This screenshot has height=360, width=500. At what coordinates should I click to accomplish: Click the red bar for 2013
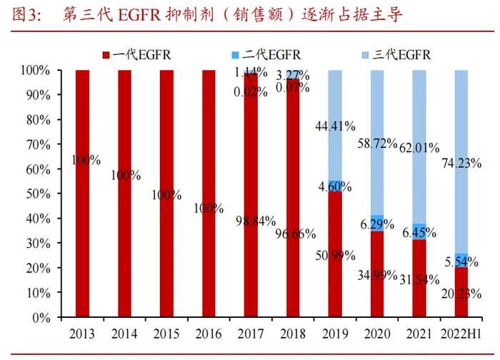point(82,193)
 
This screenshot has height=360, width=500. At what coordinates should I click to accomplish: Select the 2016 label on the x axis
point(209,334)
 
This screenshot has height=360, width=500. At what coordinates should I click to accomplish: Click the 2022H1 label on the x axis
point(461,334)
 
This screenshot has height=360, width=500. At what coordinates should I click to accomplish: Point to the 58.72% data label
point(376,143)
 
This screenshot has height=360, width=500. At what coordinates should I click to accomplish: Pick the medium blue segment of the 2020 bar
point(377,223)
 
